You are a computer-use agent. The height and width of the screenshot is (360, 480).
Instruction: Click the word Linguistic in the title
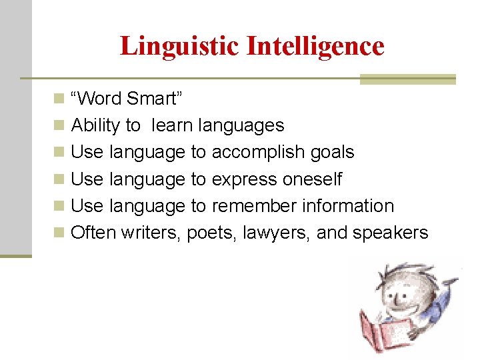[179, 46]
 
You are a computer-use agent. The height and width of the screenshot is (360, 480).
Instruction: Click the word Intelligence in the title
[315, 46]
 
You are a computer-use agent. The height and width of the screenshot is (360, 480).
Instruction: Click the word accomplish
[261, 153]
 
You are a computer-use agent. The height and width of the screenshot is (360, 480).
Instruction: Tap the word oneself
[312, 179]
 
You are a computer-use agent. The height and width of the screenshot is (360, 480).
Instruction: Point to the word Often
[94, 233]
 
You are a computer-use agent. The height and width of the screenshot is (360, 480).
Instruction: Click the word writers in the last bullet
[151, 233]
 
